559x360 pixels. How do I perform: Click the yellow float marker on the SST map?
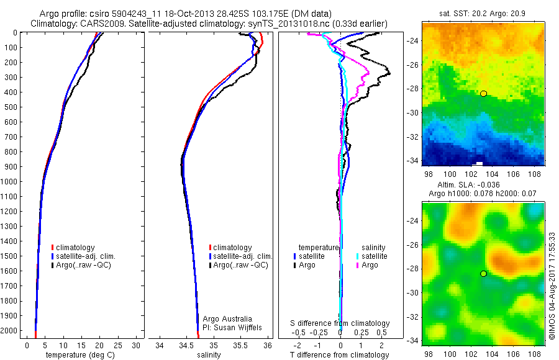(x=483, y=93)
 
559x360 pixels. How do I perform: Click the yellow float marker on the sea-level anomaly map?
(x=483, y=273)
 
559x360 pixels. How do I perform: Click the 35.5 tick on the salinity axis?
(x=241, y=345)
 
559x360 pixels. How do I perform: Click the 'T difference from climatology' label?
(x=340, y=355)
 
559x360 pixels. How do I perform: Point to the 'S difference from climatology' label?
(x=340, y=323)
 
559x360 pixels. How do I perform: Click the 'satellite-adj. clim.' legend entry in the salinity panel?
(x=243, y=256)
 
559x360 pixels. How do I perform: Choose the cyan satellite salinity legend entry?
(x=371, y=256)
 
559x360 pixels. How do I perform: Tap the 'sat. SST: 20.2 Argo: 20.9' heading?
(x=482, y=14)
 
